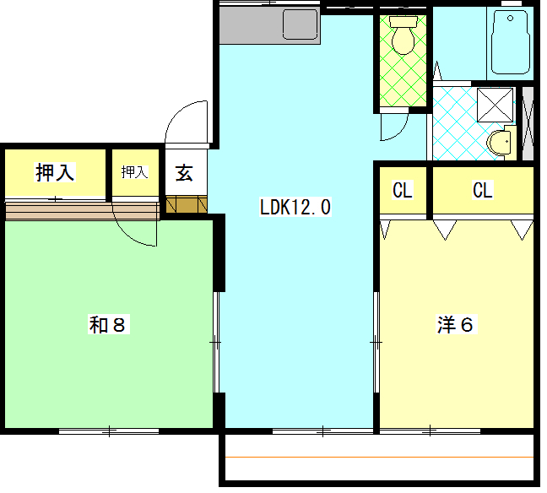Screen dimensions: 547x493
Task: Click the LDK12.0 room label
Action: point(295,207)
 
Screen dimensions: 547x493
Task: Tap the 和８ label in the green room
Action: point(108,324)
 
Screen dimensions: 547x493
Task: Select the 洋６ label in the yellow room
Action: point(456,324)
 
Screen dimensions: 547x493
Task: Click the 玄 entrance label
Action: point(184,173)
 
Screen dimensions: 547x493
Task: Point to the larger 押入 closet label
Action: point(55,172)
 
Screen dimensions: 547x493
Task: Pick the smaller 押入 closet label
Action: point(134,172)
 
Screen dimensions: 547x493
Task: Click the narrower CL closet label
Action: point(403,190)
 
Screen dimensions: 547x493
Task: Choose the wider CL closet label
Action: point(483,190)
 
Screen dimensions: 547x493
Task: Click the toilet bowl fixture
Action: point(403,41)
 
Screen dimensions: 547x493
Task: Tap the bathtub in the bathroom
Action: point(511,42)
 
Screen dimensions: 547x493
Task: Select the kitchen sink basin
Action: point(301,24)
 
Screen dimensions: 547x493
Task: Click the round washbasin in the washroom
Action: point(499,143)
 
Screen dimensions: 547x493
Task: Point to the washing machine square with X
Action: point(495,105)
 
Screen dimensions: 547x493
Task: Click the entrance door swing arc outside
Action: point(178,111)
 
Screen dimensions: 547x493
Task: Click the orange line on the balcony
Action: point(380,457)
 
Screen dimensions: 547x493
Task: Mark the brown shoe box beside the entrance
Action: point(187,205)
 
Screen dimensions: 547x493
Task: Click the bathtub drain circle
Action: point(511,18)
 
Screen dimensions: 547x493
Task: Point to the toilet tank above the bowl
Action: point(403,22)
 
